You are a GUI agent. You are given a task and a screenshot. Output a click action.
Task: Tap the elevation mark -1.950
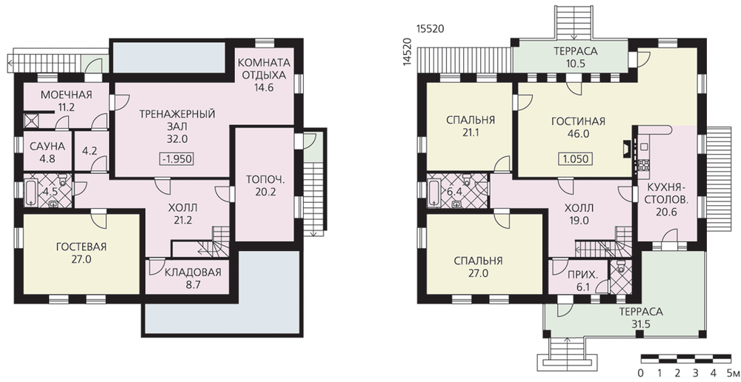(177, 158)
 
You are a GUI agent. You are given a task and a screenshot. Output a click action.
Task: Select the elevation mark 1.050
(576, 158)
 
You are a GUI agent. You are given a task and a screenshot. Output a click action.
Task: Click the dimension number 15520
(430, 29)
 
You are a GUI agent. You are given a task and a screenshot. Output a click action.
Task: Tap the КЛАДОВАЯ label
(193, 272)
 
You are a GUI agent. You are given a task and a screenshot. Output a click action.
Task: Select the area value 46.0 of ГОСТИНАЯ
(578, 134)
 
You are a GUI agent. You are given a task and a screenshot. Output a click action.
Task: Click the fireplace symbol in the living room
(625, 149)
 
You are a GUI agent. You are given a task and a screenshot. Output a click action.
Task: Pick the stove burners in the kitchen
(644, 165)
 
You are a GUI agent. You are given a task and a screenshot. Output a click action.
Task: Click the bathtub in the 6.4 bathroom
(433, 192)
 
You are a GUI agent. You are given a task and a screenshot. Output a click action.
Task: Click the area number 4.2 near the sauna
(89, 152)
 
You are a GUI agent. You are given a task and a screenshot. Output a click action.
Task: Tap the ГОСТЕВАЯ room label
(81, 247)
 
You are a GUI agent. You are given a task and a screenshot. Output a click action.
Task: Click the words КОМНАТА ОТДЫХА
(264, 69)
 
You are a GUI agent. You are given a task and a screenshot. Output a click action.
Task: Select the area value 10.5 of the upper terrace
(576, 64)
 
